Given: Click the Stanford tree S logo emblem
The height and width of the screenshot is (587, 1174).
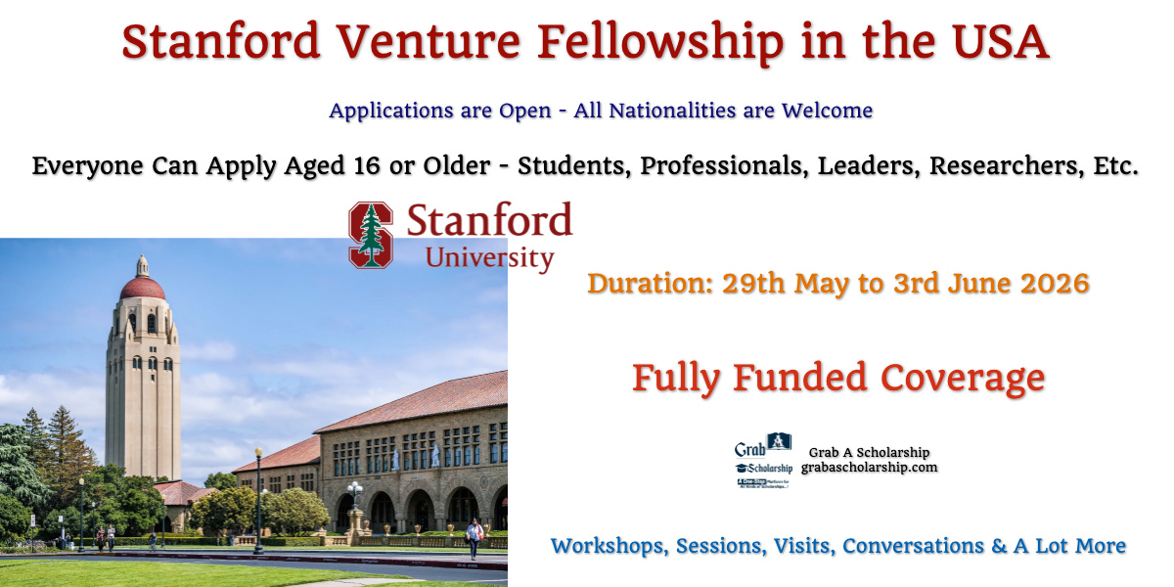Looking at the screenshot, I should (371, 235).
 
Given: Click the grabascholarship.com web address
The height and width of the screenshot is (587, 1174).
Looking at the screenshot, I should (869, 468).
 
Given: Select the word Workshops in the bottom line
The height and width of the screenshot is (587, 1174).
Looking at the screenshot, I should (608, 546).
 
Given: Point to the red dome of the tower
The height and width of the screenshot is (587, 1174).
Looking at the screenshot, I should (143, 286).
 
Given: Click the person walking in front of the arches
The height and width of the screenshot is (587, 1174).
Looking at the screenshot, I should (475, 537).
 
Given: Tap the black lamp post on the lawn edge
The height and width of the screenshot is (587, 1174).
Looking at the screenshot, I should (258, 499).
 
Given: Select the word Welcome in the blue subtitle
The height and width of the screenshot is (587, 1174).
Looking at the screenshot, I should (828, 111).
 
